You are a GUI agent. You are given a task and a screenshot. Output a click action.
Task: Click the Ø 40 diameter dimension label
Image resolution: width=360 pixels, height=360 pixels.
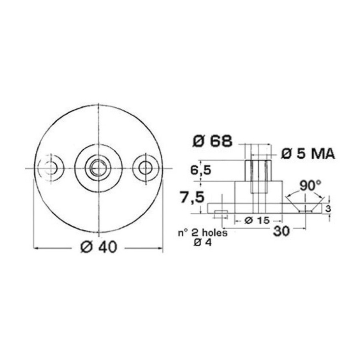(x=99, y=247)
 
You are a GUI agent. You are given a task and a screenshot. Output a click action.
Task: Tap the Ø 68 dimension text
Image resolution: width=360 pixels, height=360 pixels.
(x=212, y=141)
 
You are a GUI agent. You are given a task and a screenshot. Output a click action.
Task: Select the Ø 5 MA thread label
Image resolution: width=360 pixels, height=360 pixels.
(x=308, y=154)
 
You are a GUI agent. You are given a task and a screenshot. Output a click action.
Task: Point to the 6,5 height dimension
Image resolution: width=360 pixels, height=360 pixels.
(x=200, y=170)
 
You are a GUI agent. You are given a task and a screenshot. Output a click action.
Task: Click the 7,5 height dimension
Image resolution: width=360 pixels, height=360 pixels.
(x=192, y=198)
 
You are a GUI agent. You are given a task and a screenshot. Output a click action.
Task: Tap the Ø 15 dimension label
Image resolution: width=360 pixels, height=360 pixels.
(x=257, y=220)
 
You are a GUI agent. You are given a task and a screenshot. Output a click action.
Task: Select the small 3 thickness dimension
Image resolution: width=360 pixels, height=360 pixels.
(x=328, y=209)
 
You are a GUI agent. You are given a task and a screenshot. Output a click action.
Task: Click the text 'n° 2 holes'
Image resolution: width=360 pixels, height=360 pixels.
(x=203, y=233)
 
